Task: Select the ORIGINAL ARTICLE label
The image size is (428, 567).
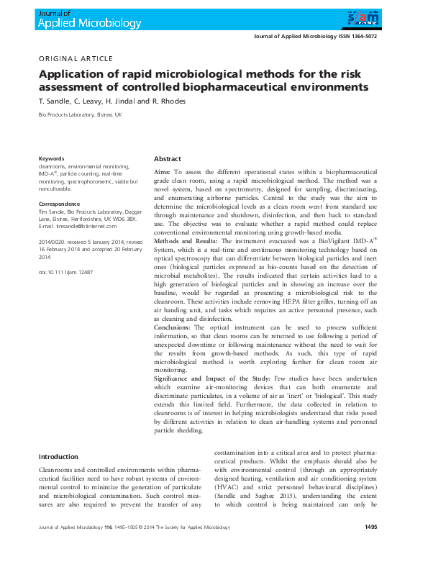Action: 76,58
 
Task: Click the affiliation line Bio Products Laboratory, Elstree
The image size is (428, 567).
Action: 80,114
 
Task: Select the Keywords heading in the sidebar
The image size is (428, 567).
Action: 52,158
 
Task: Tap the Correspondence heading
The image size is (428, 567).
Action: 58,204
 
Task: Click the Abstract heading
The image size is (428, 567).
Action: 168,159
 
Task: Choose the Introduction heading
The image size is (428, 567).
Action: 58,456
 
